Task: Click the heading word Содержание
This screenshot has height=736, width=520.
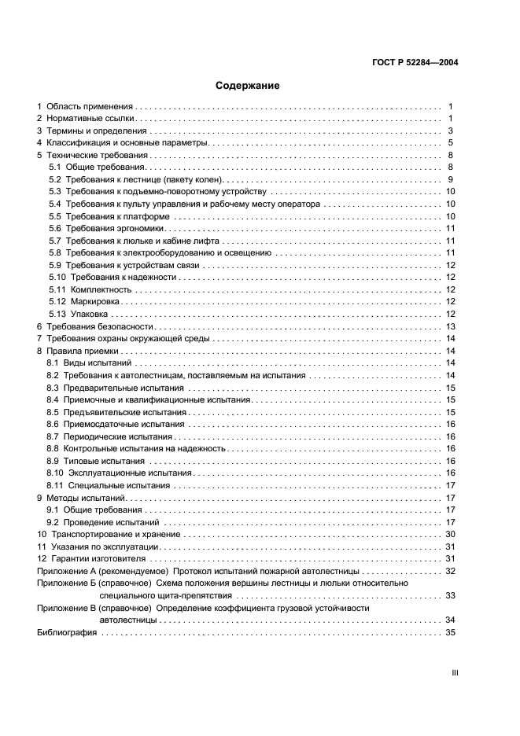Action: [248, 86]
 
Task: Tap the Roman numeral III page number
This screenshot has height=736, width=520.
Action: [454, 672]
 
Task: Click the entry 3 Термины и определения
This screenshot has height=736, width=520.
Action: [92, 131]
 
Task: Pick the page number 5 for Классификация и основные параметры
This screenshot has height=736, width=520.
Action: [451, 143]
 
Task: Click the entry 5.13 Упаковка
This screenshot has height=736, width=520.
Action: [78, 314]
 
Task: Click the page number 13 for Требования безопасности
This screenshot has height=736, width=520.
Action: [451, 326]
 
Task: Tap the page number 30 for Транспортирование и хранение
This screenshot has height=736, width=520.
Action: [451, 534]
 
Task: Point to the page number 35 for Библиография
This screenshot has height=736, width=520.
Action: [451, 632]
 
